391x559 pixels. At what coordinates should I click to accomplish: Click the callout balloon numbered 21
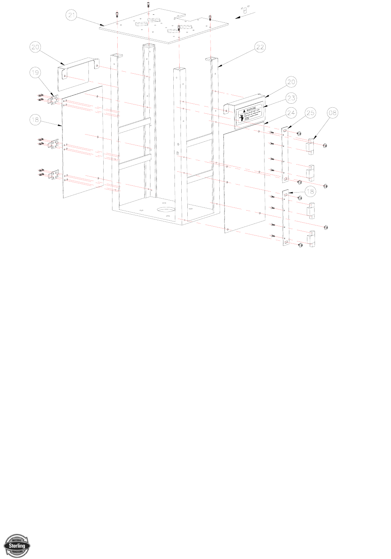pyautogui.click(x=71, y=15)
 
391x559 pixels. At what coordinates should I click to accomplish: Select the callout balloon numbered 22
pyautogui.click(x=260, y=48)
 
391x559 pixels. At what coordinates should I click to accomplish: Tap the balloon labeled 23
pyautogui.click(x=291, y=98)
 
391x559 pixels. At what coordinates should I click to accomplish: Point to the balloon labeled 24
pyautogui.click(x=291, y=113)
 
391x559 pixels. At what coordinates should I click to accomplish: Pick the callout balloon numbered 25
pyautogui.click(x=310, y=113)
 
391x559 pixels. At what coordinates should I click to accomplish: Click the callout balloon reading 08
pyautogui.click(x=332, y=113)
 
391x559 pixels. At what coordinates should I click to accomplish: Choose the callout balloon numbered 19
pyautogui.click(x=36, y=72)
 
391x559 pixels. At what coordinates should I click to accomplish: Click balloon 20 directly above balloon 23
pyautogui.click(x=291, y=82)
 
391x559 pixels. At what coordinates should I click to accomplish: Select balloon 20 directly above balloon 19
pyautogui.click(x=36, y=47)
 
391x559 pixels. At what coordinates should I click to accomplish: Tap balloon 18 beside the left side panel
pyautogui.click(x=36, y=119)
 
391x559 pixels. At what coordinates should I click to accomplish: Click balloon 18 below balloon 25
pyautogui.click(x=310, y=191)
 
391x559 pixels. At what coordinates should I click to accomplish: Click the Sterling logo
pyautogui.click(x=17, y=545)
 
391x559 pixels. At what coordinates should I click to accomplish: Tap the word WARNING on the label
pyautogui.click(x=251, y=109)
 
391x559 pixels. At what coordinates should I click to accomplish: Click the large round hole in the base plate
pyautogui.click(x=165, y=210)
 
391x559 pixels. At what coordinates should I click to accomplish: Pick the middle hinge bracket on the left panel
pyautogui.click(x=53, y=143)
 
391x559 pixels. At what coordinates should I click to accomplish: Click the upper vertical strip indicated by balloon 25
pyautogui.click(x=285, y=154)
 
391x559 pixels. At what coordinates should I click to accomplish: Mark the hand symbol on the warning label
pyautogui.click(x=242, y=117)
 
